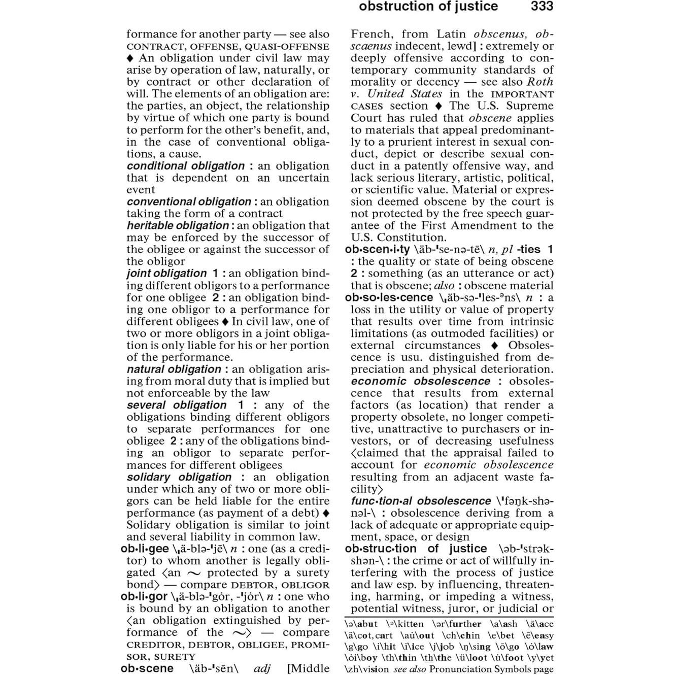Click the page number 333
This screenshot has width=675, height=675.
(x=542, y=7)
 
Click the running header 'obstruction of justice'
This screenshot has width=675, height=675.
(x=428, y=7)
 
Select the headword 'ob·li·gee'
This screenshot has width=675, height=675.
(x=145, y=549)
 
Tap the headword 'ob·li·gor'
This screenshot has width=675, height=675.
(x=145, y=596)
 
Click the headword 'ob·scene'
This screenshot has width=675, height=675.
(x=147, y=668)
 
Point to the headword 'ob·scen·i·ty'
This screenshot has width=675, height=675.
(x=377, y=249)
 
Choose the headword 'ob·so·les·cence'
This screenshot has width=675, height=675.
(x=389, y=297)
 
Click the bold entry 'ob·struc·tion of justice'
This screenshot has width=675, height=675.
(x=416, y=549)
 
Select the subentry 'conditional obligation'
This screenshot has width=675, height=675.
(x=186, y=166)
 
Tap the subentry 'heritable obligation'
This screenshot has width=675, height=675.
(x=178, y=225)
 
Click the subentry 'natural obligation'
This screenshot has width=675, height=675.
(x=174, y=369)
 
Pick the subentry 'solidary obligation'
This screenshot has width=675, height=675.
(x=179, y=477)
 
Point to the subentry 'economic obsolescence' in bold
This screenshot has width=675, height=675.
(x=420, y=381)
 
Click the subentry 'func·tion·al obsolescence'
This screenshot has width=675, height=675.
(x=421, y=501)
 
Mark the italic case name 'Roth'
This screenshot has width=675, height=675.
(x=540, y=82)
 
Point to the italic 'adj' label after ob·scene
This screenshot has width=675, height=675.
(x=262, y=668)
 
